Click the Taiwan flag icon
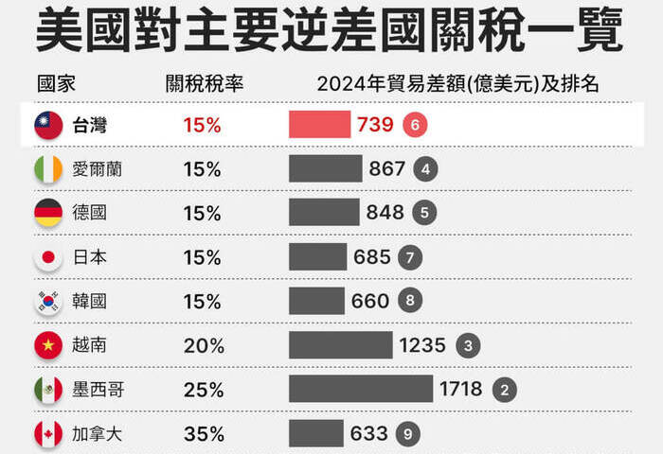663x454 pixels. (x=48, y=125)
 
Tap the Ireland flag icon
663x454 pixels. (x=48, y=169)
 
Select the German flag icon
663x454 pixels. (x=48, y=213)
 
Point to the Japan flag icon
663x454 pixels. (x=48, y=257)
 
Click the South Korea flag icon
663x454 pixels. (x=48, y=301)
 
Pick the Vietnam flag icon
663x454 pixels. (x=48, y=345)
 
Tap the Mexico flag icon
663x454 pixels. (x=48, y=389)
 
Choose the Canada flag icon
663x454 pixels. (x=48, y=433)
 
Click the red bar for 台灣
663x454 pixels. (x=319, y=125)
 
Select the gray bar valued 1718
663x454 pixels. (x=360, y=389)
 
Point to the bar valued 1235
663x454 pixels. (x=340, y=345)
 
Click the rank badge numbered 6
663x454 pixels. (x=414, y=125)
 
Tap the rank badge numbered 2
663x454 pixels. (x=504, y=389)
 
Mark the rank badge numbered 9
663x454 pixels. (x=406, y=433)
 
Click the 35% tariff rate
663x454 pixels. (x=203, y=433)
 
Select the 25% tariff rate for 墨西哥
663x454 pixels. (x=203, y=389)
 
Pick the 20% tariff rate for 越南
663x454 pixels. (x=203, y=345)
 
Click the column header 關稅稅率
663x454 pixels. (x=204, y=83)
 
